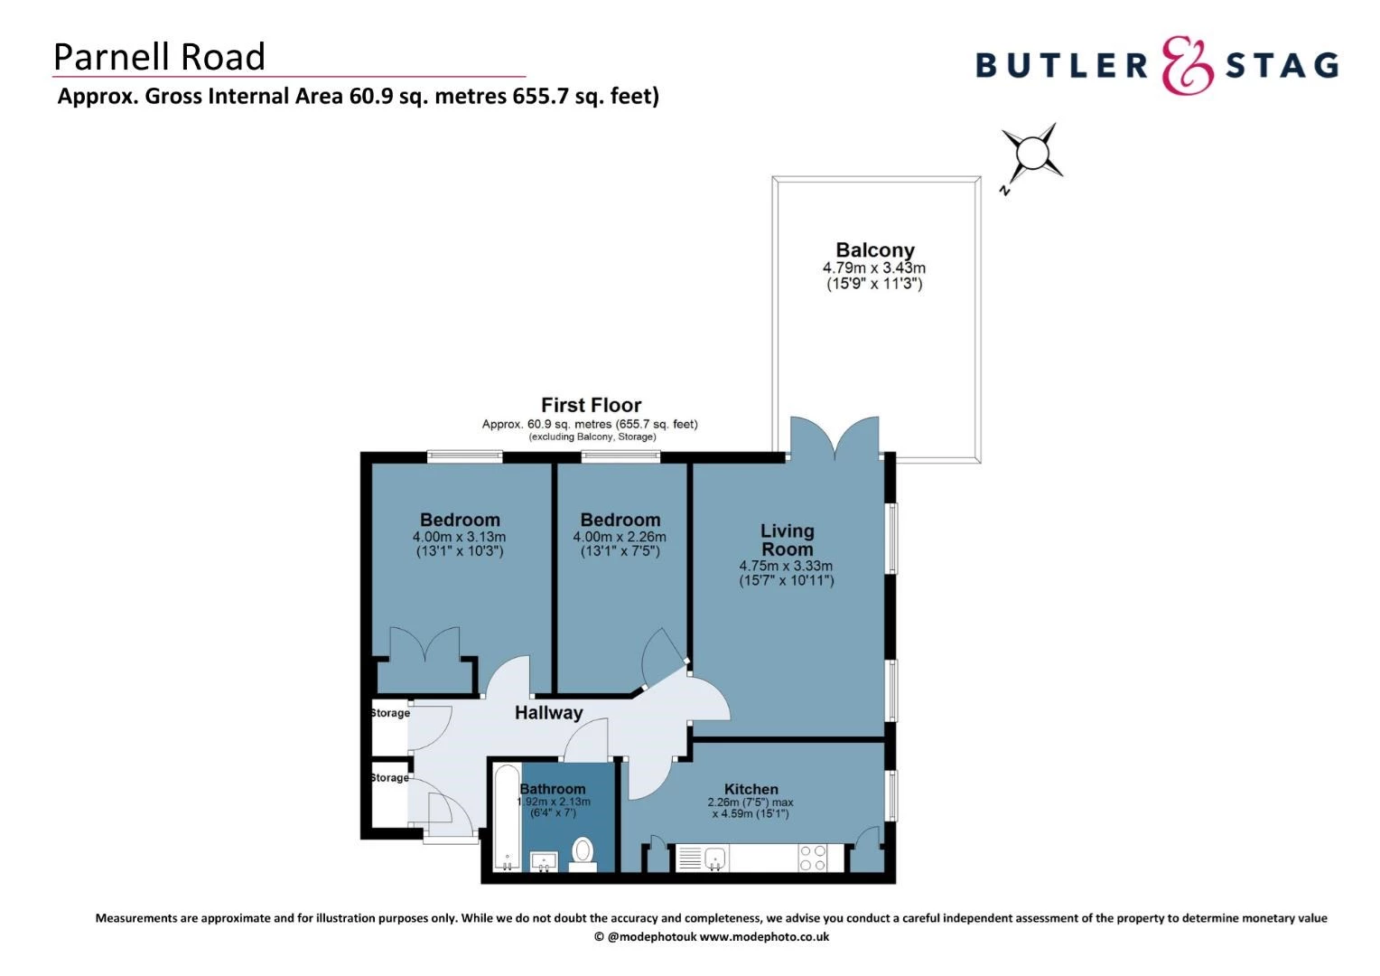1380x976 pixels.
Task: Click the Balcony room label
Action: (x=874, y=250)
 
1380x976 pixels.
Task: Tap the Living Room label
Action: (x=787, y=540)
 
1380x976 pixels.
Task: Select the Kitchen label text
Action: (x=751, y=789)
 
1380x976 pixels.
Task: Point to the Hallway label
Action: (x=548, y=713)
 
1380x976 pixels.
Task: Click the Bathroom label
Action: (x=553, y=789)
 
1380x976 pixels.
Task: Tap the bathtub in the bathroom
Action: (x=508, y=818)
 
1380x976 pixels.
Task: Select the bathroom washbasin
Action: (x=544, y=860)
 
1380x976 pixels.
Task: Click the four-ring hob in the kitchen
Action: (x=812, y=858)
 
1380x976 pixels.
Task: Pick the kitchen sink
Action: (x=714, y=859)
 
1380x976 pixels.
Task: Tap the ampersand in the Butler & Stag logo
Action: (x=1187, y=65)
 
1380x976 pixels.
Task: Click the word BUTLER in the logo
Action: (x=1061, y=65)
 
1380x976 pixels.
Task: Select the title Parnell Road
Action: (x=159, y=56)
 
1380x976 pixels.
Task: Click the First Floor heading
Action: (x=591, y=405)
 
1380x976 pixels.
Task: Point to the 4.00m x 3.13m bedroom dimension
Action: (x=459, y=537)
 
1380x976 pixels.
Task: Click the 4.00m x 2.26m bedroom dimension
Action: (x=620, y=537)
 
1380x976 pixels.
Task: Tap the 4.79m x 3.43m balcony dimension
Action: (x=873, y=268)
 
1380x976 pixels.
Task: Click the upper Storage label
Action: (x=390, y=713)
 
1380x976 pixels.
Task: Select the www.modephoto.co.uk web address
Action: (x=764, y=937)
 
